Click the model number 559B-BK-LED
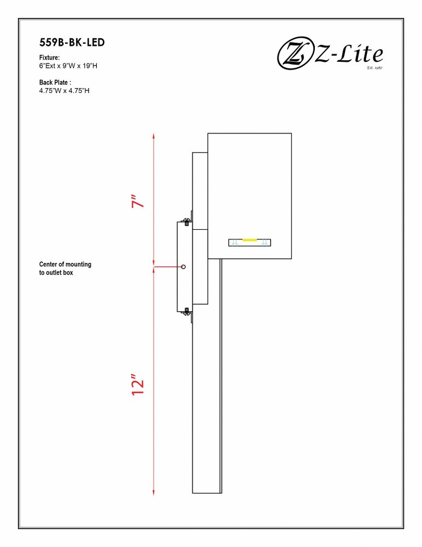pos(72,42)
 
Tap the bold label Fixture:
pos(49,57)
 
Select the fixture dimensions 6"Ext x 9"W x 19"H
pos(68,66)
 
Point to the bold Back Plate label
pos(55,83)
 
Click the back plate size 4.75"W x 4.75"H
pos(64,91)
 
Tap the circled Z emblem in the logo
pos(295,54)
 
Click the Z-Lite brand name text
pos(349,54)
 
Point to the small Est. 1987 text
pos(374,68)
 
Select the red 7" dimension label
pos(138,201)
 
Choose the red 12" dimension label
pos(138,385)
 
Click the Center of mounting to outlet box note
pos(65,268)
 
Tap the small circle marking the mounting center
pos(184,267)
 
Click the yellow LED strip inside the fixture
pos(250,240)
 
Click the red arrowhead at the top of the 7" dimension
pos(154,136)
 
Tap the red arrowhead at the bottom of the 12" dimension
pos(154,491)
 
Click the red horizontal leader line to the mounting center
pos(168,267)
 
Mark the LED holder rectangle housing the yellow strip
pos(250,242)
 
